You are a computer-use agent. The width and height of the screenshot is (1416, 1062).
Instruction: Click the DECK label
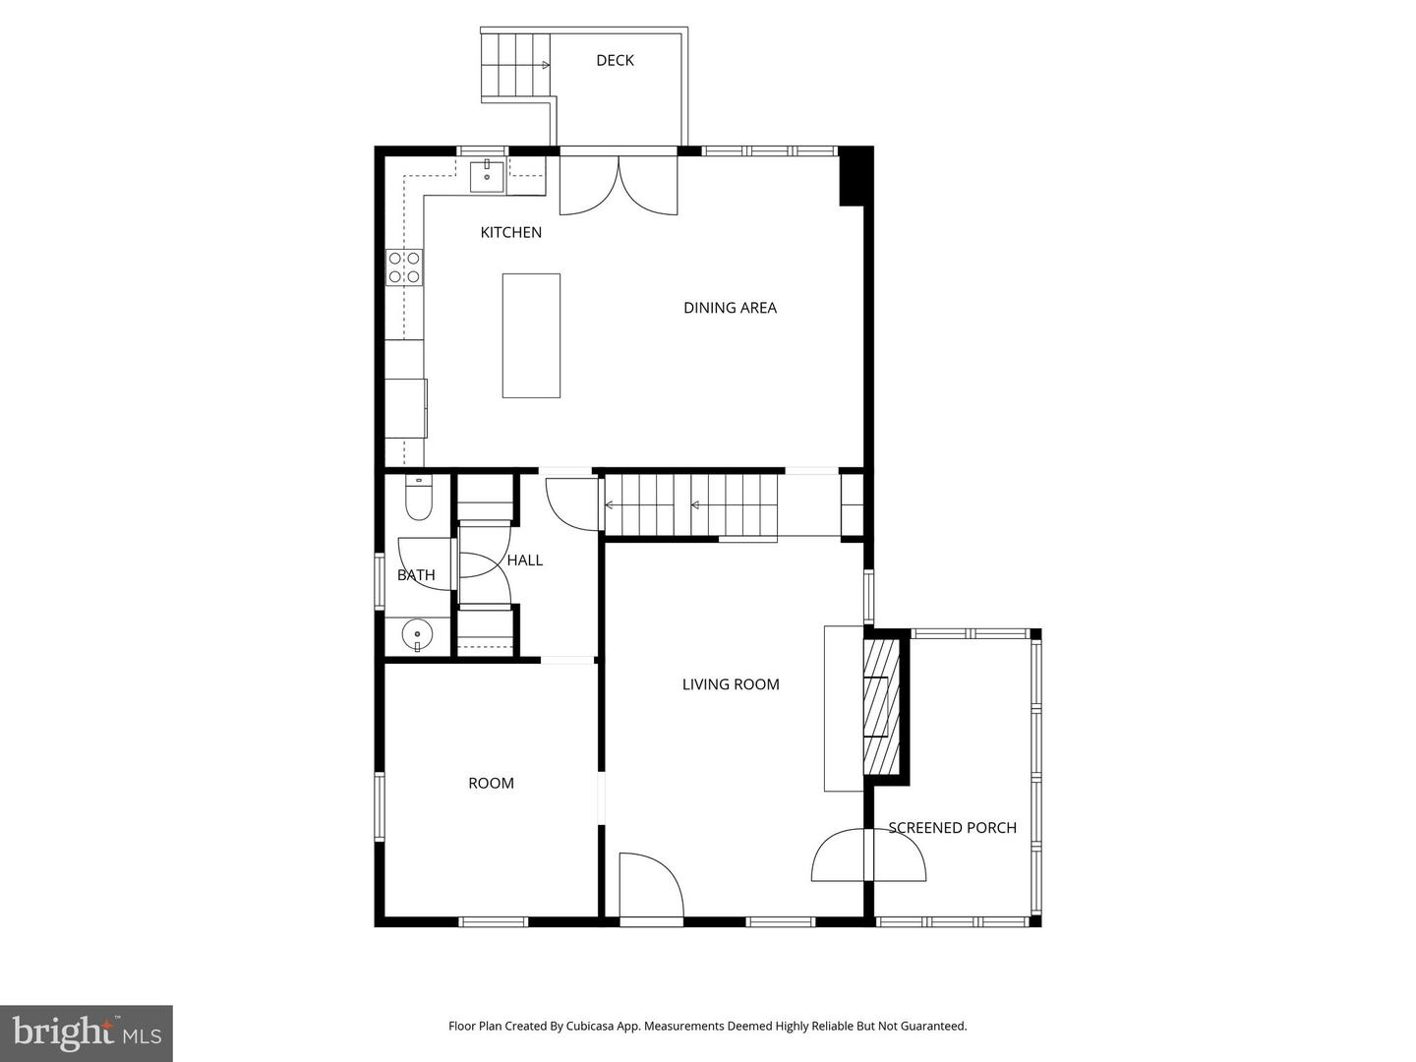615,61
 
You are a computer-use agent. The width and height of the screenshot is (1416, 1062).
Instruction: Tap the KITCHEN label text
510,233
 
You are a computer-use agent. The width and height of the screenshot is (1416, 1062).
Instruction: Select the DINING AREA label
730,308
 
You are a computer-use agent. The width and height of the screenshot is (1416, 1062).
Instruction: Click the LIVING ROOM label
731,684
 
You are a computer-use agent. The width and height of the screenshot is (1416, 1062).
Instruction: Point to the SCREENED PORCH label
952,828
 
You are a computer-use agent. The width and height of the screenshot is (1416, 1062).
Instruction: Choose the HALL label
525,560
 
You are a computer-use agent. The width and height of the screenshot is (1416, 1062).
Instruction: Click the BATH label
416,575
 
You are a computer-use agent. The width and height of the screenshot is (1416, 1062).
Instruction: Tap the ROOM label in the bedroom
491,784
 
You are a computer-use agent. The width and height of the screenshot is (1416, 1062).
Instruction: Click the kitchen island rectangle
531,335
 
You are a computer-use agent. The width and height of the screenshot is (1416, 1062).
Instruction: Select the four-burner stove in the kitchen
404,267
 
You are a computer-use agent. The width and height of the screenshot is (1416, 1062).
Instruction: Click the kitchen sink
487,176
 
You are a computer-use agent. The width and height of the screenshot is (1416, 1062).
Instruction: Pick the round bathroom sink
418,635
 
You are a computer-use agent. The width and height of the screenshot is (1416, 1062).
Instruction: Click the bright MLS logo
87,1032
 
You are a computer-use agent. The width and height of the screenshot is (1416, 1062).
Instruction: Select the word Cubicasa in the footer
593,1027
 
